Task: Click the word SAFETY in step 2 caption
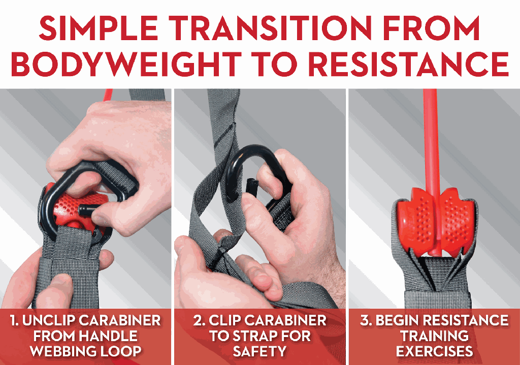click(x=259, y=351)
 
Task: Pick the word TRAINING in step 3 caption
click(x=435, y=336)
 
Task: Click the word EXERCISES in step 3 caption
click(x=435, y=351)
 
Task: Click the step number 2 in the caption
click(x=198, y=320)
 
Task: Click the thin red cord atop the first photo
click(x=107, y=94)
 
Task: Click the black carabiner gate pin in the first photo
click(x=87, y=210)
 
